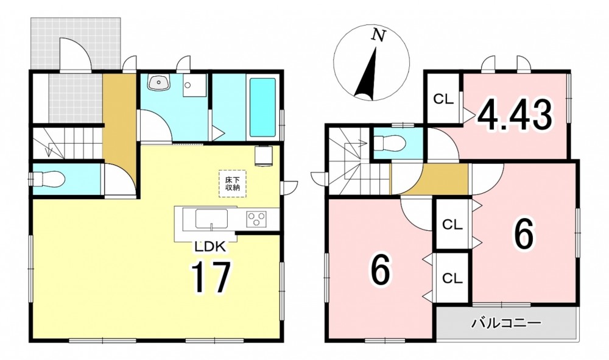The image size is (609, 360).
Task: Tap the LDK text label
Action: point(209,246)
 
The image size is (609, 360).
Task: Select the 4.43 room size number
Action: point(515,115)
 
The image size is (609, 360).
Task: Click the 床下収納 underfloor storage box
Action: point(232,184)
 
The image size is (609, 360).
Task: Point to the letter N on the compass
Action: point(378,35)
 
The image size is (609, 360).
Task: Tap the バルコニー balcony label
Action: point(506,323)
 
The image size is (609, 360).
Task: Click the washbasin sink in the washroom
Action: point(158,83)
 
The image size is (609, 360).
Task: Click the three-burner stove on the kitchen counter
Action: point(256,219)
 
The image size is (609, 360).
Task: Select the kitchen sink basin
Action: point(211,219)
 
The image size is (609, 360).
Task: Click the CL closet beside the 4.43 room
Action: point(443,99)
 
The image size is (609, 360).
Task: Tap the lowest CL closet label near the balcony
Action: point(452,278)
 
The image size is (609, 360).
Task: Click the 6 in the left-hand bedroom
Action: point(379,270)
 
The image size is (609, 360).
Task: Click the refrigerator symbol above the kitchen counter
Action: point(264,156)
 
